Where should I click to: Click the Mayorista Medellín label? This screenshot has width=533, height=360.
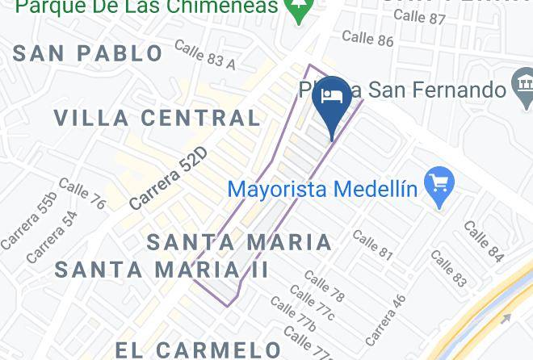(322, 190)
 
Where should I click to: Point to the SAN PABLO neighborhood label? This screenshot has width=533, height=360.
(89, 53)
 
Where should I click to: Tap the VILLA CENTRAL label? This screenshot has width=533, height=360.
(157, 118)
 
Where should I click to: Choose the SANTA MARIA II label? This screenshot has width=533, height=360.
(162, 269)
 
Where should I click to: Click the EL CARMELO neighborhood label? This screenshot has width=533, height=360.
(198, 350)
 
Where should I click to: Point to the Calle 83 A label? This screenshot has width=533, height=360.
(204, 55)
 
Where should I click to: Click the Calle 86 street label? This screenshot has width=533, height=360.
(367, 37)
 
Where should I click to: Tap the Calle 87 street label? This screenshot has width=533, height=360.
(420, 16)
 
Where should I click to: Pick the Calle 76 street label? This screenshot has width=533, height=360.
(82, 194)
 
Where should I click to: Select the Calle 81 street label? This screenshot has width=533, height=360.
(372, 246)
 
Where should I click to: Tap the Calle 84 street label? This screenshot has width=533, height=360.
(484, 241)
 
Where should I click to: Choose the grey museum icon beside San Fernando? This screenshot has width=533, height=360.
(523, 83)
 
